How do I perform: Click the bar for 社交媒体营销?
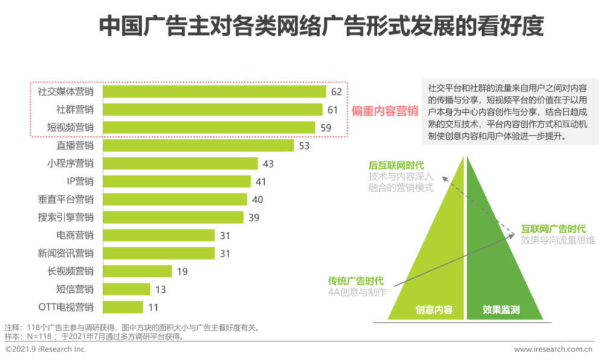(214, 92)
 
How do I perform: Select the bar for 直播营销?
(198, 145)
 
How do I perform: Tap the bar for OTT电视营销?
(123, 307)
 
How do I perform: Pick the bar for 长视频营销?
(137, 271)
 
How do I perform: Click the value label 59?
(325, 128)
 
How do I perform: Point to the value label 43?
(268, 163)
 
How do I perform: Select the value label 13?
(160, 289)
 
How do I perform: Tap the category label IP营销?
(80, 182)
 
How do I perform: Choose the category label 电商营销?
(75, 235)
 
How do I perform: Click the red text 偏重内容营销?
(385, 111)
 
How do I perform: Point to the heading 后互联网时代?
(397, 165)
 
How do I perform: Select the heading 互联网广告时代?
(553, 229)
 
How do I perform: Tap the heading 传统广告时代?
(356, 281)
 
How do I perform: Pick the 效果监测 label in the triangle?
(501, 310)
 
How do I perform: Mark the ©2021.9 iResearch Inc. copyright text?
(46, 349)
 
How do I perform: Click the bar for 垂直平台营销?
(175, 200)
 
